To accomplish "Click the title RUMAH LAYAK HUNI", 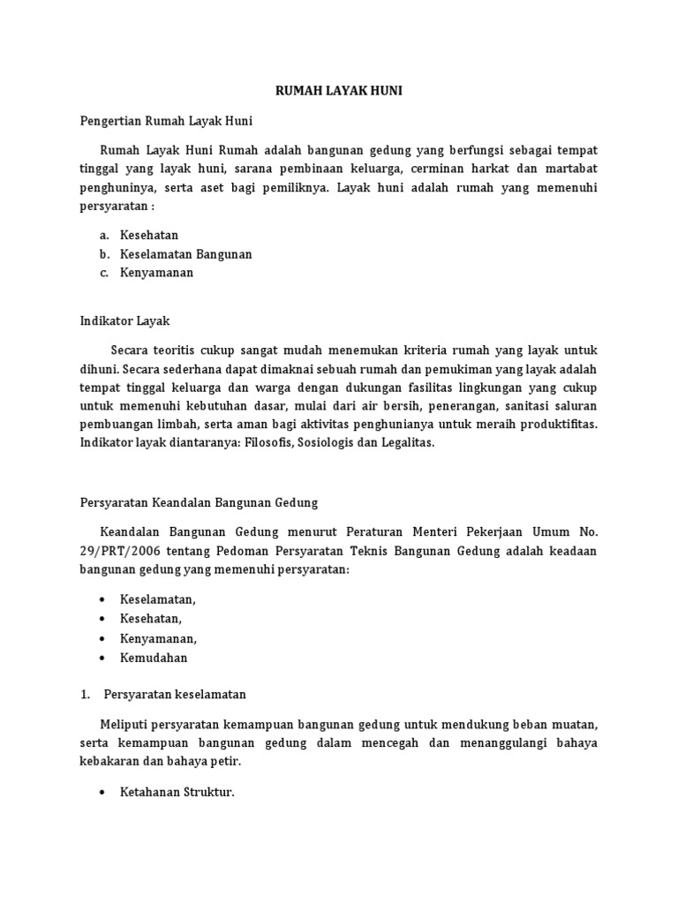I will pos(339,90).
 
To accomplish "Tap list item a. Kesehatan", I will pos(149,235).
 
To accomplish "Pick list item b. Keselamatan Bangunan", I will pos(185,254).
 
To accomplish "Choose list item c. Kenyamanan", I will pos(156,273).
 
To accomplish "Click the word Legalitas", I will pos(406,444).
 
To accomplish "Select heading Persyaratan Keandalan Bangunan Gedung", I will pos(199,502).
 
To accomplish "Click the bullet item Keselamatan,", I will pos(158,599).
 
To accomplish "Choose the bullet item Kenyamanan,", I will pos(159,638).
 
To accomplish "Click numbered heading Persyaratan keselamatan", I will pos(175,694).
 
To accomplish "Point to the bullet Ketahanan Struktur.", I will pos(177,792).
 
